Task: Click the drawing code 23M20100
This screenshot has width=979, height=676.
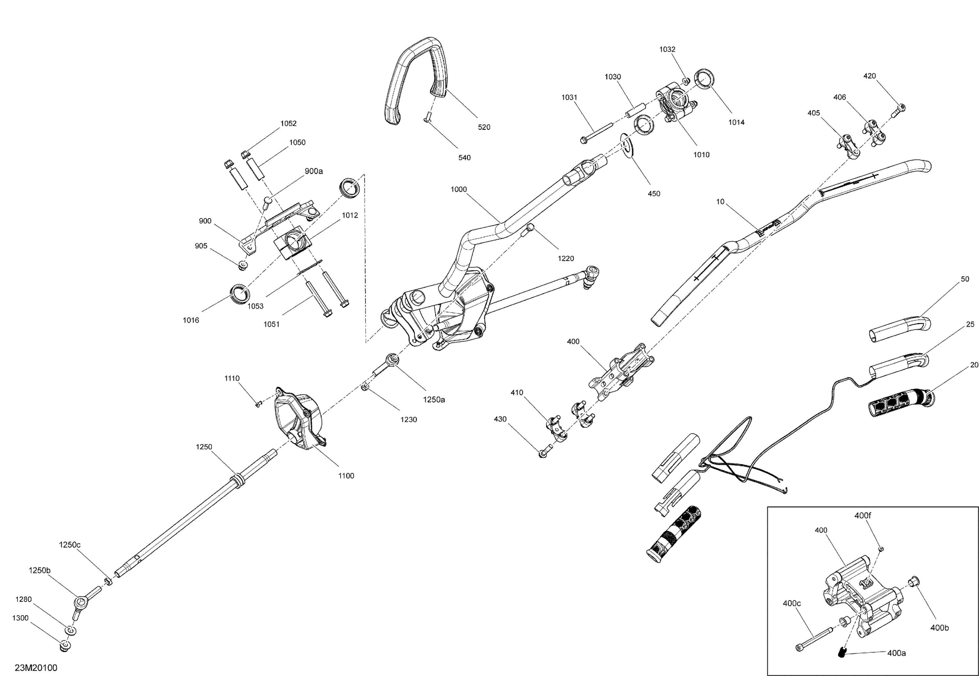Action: click(x=36, y=668)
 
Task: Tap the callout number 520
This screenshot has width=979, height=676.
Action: click(x=484, y=127)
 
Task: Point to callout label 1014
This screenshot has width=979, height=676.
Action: click(x=736, y=122)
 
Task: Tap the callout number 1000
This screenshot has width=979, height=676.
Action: click(x=458, y=189)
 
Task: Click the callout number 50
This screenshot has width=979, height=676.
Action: click(x=965, y=279)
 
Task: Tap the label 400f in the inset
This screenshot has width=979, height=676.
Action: click(x=862, y=516)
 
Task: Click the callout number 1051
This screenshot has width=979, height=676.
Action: click(x=271, y=324)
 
